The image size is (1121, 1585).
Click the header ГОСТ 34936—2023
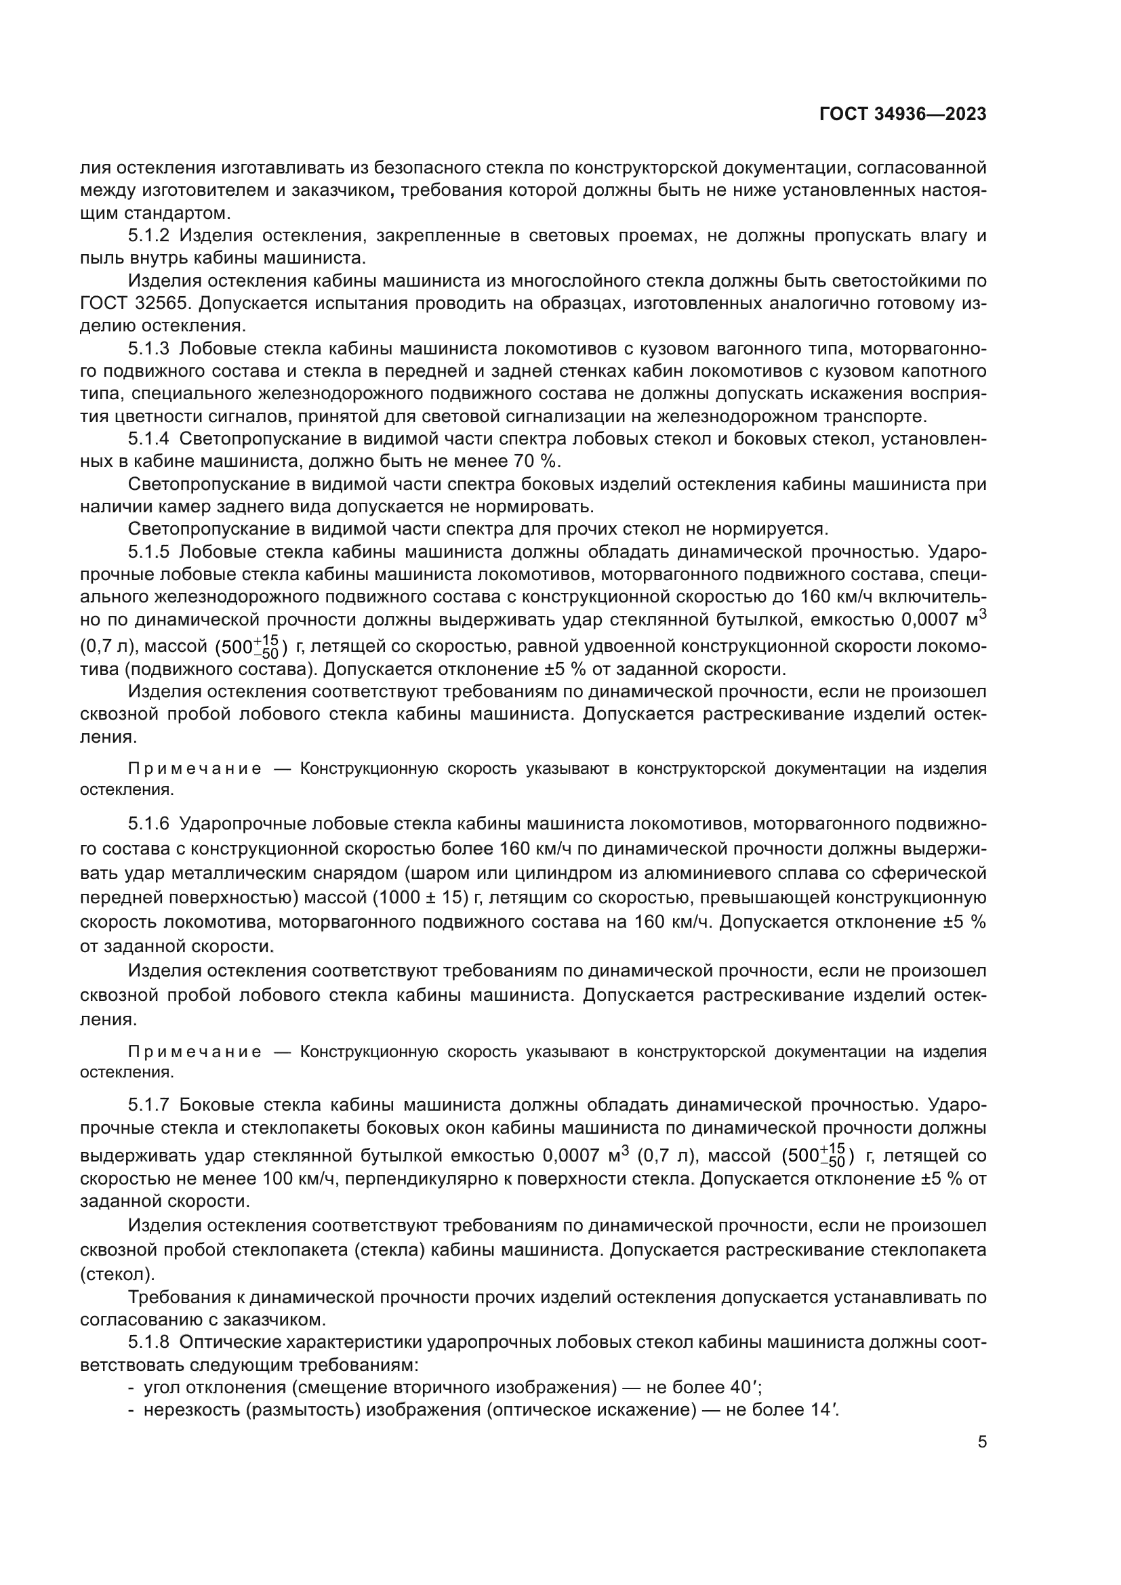pyautogui.click(x=903, y=115)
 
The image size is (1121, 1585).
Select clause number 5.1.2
pyautogui.click(x=148, y=236)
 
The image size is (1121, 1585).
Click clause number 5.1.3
pyautogui.click(x=148, y=349)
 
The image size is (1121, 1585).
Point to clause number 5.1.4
pyautogui.click(x=148, y=439)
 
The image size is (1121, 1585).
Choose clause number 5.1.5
pyautogui.click(x=148, y=552)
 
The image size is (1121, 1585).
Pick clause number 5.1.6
pyautogui.click(x=148, y=824)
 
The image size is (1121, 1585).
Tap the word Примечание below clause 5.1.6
pyautogui.click(x=195, y=1052)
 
